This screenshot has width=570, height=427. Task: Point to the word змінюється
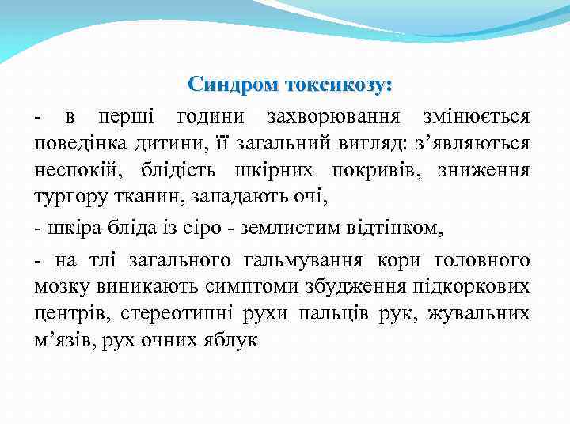pos(476,117)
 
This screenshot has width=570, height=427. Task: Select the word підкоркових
pos(474,287)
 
